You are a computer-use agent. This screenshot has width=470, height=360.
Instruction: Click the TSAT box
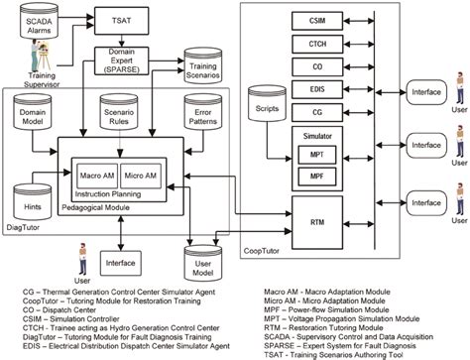[122, 20]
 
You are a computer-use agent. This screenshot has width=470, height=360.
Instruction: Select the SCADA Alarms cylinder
[34, 22]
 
